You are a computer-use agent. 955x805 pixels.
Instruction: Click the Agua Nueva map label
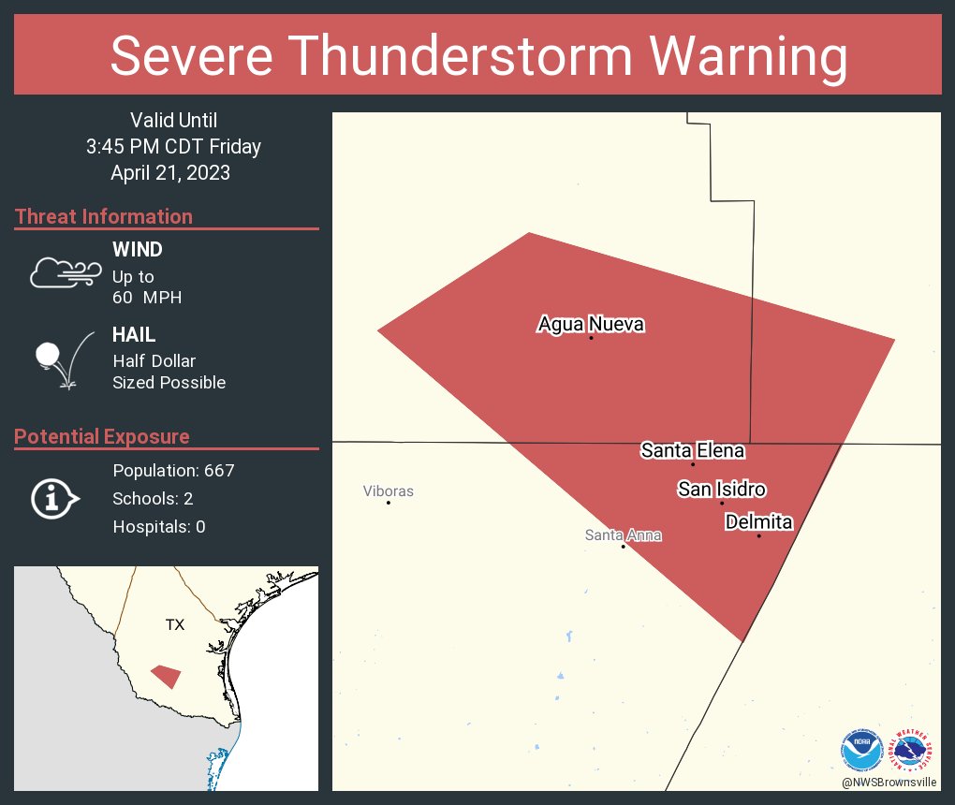pos(591,325)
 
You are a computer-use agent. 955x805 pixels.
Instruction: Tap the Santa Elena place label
pos(693,450)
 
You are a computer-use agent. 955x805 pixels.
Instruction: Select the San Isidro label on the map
pos(722,489)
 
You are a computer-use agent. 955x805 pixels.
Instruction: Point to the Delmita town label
pos(758,522)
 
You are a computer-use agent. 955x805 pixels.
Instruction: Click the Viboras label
pos(389,490)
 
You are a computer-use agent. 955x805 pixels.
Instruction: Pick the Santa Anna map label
pos(623,535)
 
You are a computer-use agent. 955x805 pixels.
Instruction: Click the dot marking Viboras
pos(389,503)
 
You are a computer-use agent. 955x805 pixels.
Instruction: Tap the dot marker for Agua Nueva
pos(591,338)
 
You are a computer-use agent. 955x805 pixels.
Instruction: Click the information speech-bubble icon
pos(55,499)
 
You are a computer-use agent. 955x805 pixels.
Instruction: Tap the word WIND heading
pos(138,250)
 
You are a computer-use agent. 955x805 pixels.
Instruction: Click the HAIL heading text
pos(134,335)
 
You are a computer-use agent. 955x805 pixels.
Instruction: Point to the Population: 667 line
pos(173,470)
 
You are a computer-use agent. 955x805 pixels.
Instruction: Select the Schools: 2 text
pos(153,498)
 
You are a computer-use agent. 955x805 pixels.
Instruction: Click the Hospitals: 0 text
pos(159,526)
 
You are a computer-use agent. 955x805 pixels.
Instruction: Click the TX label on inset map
pos(175,624)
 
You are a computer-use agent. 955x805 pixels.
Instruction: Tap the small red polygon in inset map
pos(167,676)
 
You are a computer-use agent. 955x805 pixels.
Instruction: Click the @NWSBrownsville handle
pos(889,782)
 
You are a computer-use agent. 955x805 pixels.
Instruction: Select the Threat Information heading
pos(104,216)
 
